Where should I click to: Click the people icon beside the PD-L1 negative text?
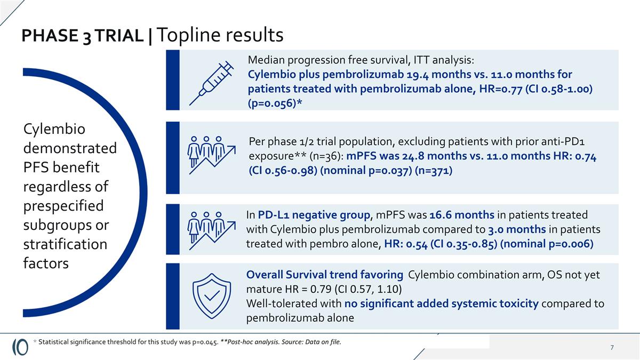tap(212, 229)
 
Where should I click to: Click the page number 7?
tap(612, 348)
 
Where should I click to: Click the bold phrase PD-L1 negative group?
tap(314, 215)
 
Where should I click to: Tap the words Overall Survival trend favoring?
tap(324, 275)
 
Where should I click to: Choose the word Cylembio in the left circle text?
tap(51, 130)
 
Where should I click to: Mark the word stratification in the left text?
tap(66, 244)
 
